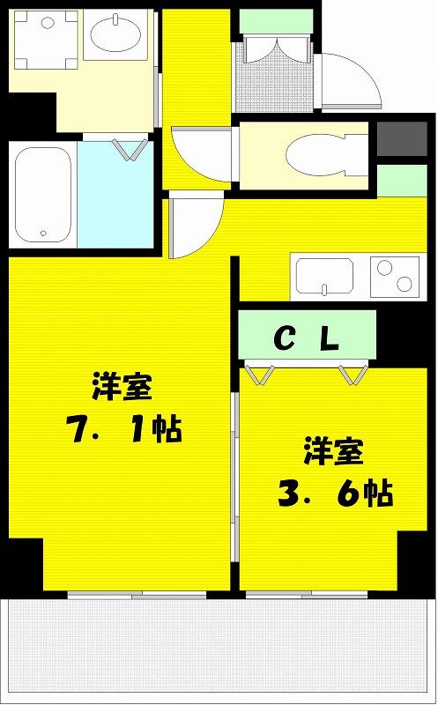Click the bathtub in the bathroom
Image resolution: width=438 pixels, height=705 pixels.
42,194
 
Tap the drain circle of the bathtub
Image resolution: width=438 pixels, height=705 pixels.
43,233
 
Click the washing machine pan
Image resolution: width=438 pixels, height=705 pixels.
46,40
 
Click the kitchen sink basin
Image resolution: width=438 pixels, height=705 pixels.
324,275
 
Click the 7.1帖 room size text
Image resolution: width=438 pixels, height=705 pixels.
123,428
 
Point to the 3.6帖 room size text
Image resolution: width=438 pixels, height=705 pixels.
335,493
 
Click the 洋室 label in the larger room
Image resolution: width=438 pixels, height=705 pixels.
122,386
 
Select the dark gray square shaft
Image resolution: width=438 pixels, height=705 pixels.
402,139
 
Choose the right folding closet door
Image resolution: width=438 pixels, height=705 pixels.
353,374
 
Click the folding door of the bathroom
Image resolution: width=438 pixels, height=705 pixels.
130,149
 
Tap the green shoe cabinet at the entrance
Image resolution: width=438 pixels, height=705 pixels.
276,21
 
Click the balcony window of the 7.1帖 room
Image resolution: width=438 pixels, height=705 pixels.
137,596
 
